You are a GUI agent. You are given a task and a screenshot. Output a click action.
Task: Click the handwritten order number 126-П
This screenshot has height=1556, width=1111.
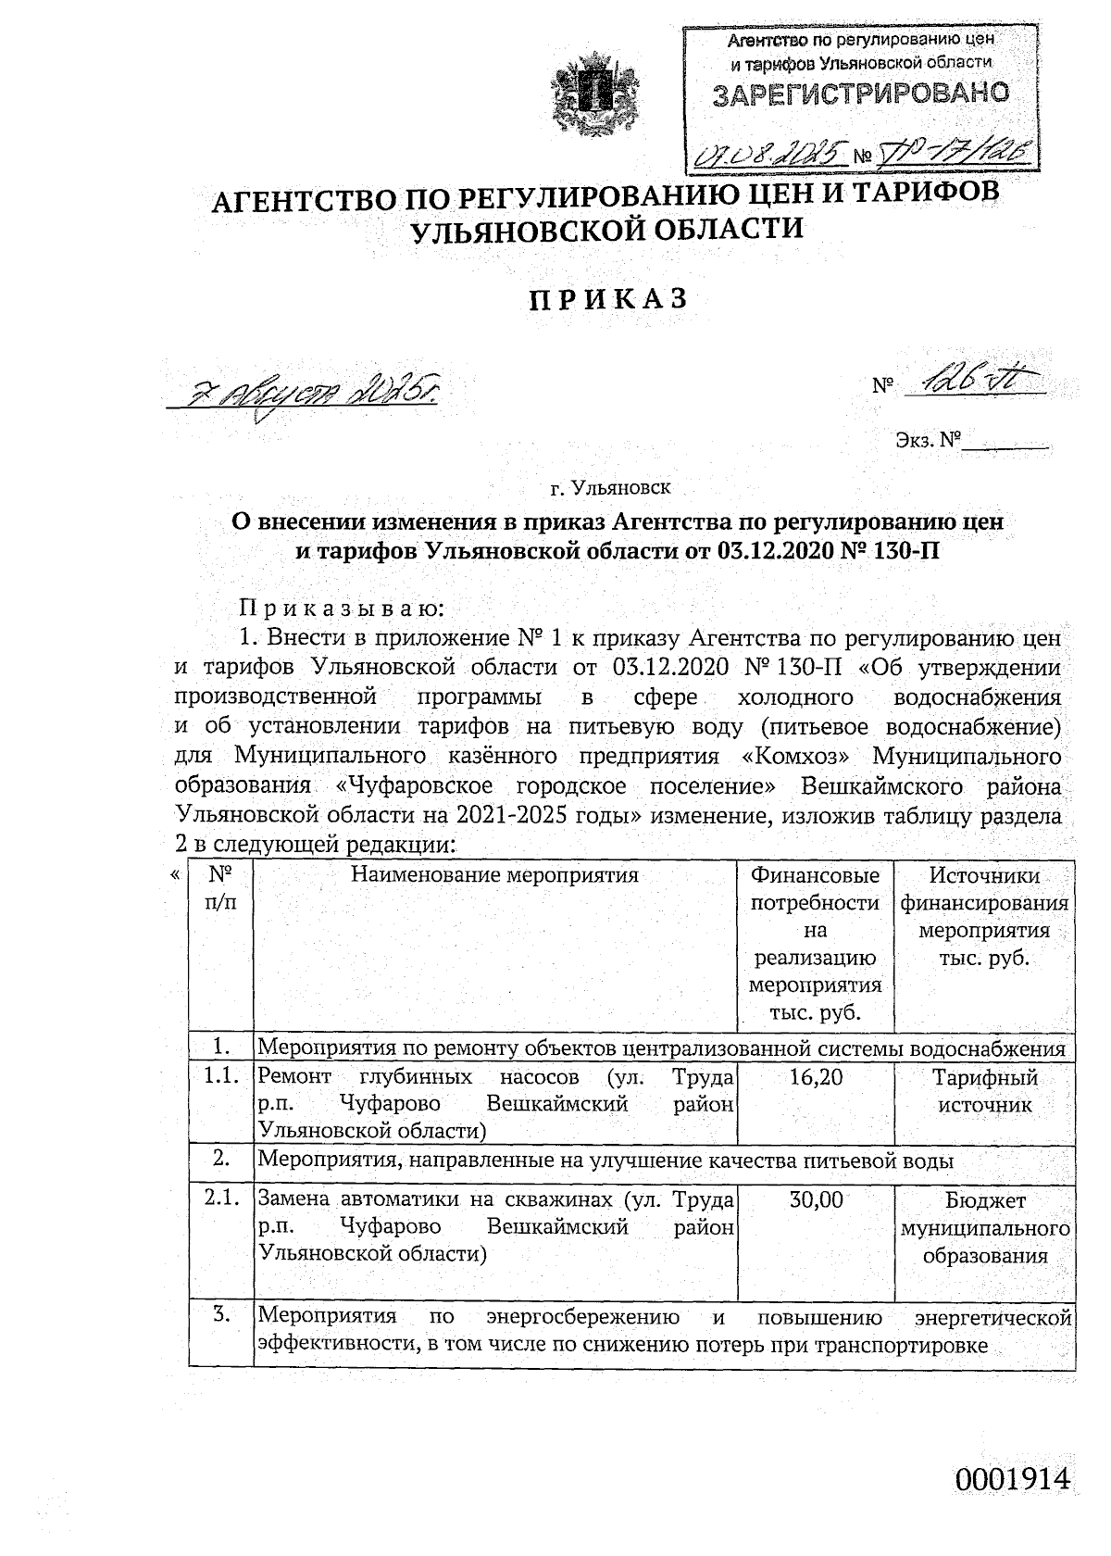click(x=972, y=383)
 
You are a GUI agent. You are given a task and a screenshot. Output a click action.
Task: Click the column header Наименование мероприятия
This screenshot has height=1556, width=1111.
click(x=493, y=875)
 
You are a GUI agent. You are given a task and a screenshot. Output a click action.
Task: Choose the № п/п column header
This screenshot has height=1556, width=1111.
click(x=219, y=887)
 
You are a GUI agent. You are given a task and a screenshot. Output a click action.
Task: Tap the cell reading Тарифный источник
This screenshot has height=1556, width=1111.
click(x=984, y=1090)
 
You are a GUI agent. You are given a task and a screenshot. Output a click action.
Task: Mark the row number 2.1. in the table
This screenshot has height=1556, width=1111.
click(x=222, y=1200)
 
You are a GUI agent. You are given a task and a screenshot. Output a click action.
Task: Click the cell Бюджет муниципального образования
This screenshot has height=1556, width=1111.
click(x=984, y=1228)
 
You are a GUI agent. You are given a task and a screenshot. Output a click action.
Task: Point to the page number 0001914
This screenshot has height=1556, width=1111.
click(x=1013, y=1479)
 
